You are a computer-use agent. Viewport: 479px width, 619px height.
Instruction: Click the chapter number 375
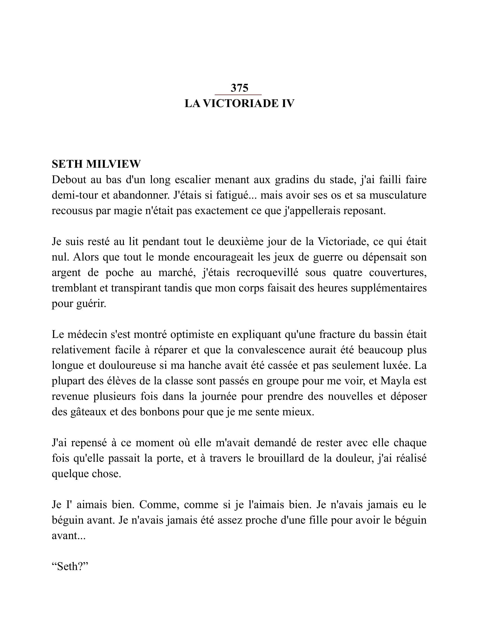pyautogui.click(x=239, y=88)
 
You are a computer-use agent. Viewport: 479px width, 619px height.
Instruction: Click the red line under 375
pyautogui.click(x=238, y=95)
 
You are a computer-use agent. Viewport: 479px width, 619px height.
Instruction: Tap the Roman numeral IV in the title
pyautogui.click(x=288, y=104)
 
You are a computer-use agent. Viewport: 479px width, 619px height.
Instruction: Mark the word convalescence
pyautogui.click(x=271, y=350)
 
